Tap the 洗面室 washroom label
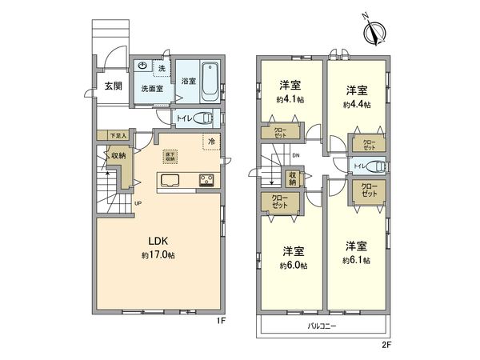tap(153, 88)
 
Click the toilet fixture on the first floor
tap(204, 118)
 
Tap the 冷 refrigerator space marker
tap(211, 142)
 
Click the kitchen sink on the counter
tap(170, 179)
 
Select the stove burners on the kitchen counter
tap(208, 179)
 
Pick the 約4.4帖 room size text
tap(357, 104)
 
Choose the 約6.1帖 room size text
tap(355, 260)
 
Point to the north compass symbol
tap(373, 33)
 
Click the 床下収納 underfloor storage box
tap(171, 156)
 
